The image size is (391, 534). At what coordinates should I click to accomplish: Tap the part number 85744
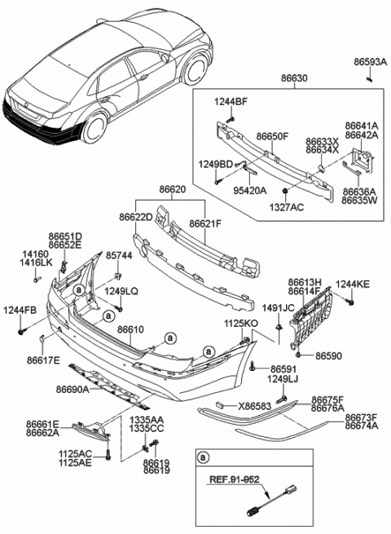[x=118, y=255]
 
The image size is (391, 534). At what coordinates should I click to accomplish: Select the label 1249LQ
[x=121, y=291]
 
